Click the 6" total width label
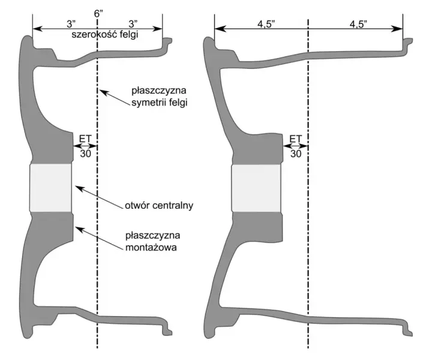tap(98, 13)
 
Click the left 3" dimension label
tap(71, 24)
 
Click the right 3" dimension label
tap(133, 24)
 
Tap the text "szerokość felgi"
tap(104, 35)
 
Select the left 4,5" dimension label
tap(266, 24)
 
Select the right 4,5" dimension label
tap(358, 24)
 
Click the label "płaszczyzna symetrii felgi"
tap(159, 97)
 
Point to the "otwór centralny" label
tap(159, 205)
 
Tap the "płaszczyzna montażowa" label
tap(152, 241)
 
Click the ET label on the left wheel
tap(85, 138)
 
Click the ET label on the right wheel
tap(296, 138)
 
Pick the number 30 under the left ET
tap(85, 154)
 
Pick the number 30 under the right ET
tap(296, 154)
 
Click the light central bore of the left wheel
tap(50, 188)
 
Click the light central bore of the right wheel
tap(256, 188)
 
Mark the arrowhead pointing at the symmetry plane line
tap(102, 91)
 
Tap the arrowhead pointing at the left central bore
tap(79, 188)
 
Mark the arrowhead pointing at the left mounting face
tap(79, 229)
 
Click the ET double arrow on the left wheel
tap(85, 146)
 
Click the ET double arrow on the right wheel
tap(296, 146)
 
